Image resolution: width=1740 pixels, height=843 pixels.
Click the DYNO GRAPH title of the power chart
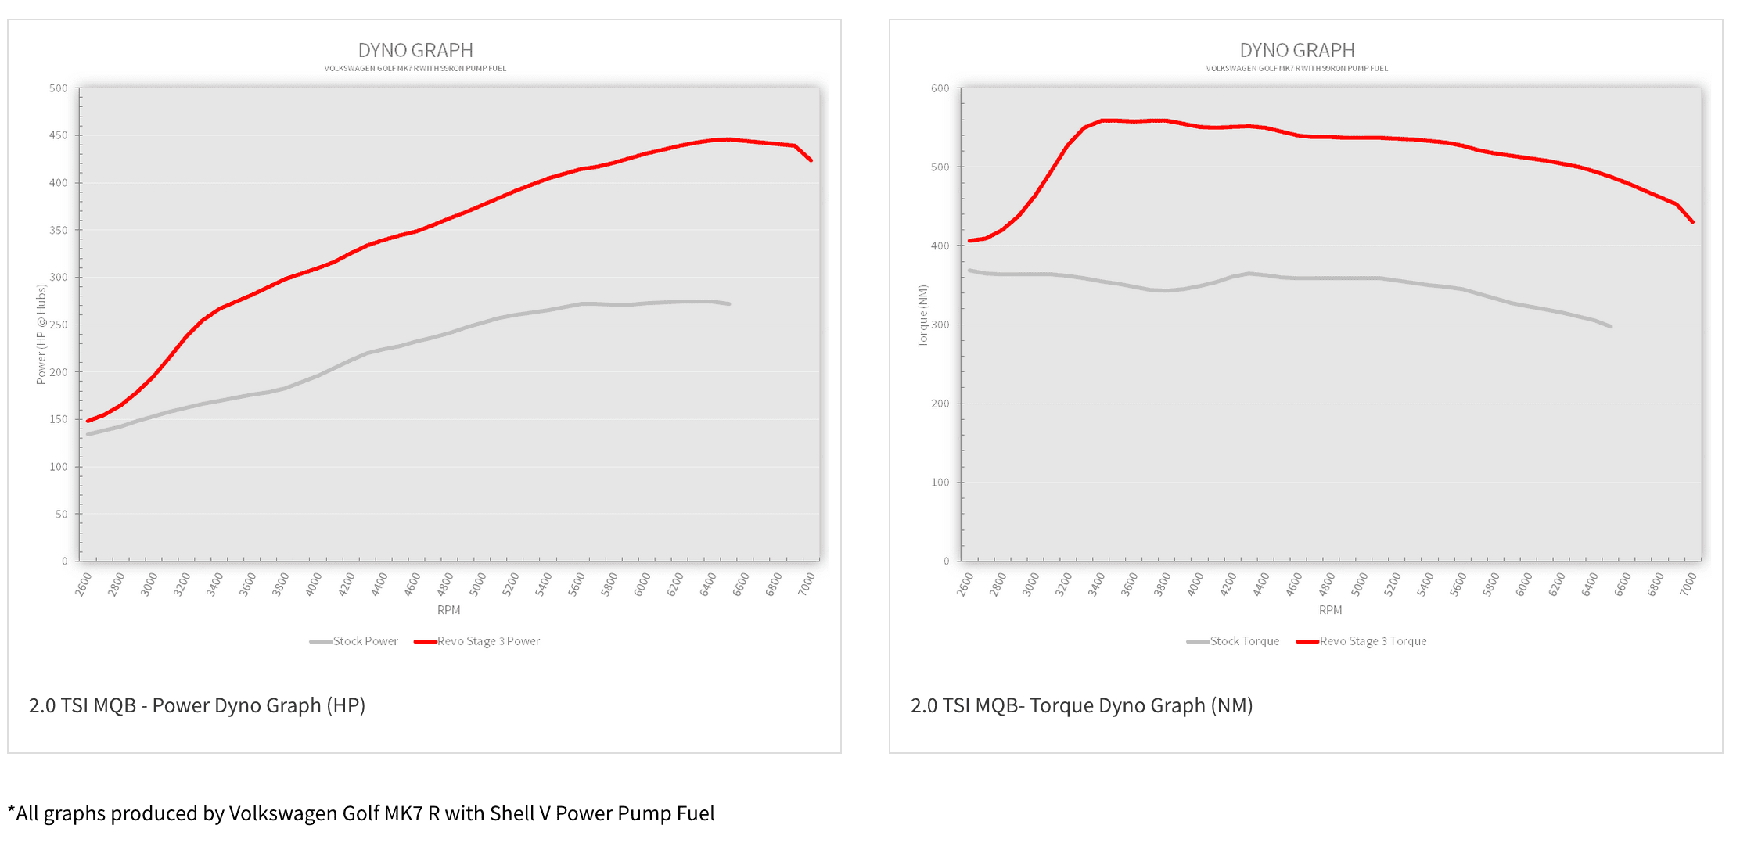[x=415, y=51]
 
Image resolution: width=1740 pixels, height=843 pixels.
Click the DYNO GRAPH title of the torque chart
[x=1296, y=51]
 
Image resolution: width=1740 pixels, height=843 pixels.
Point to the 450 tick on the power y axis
[x=59, y=135]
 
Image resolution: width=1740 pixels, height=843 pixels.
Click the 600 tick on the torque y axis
[x=940, y=88]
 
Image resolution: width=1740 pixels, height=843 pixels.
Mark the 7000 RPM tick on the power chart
[x=807, y=584]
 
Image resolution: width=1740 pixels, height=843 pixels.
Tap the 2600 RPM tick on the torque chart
[x=965, y=584]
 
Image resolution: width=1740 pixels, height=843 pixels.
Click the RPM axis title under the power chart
[x=449, y=610]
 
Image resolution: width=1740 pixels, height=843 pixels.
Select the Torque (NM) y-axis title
[x=923, y=316]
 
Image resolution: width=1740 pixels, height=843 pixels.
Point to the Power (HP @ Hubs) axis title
[x=41, y=335]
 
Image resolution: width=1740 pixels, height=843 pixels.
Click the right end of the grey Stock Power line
[x=729, y=303]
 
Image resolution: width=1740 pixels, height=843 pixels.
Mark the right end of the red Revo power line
[x=811, y=160]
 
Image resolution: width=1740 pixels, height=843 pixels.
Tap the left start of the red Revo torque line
[x=969, y=240]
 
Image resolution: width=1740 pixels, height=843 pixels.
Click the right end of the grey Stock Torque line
[x=1610, y=326]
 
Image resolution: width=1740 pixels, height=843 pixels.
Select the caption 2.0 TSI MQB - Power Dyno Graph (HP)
[x=197, y=705]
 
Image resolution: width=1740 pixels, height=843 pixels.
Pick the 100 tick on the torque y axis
[x=940, y=482]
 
